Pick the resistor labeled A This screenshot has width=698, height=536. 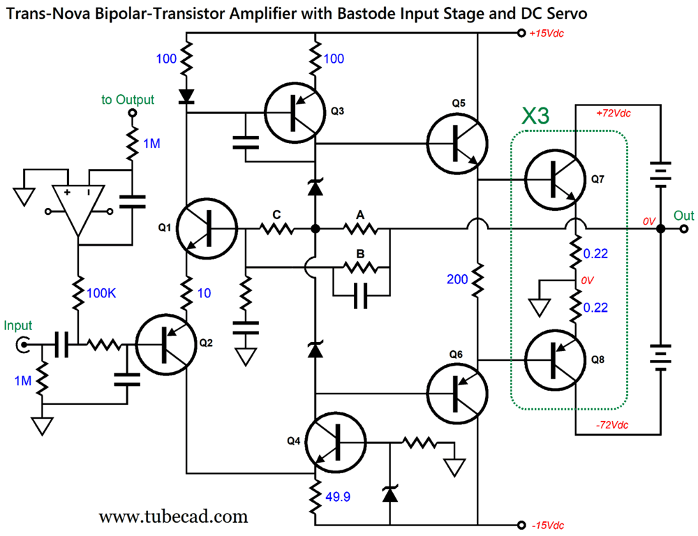pos(360,229)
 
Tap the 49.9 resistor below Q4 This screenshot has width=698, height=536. pos(315,497)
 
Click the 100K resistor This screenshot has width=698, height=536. pos(77,293)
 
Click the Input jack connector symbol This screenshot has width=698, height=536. pos(24,344)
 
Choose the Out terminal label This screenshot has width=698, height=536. pos(683,216)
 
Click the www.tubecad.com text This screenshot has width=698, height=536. pos(173,516)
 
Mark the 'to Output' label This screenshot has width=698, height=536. pos(128,100)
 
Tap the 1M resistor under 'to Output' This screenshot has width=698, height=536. pos(130,144)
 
